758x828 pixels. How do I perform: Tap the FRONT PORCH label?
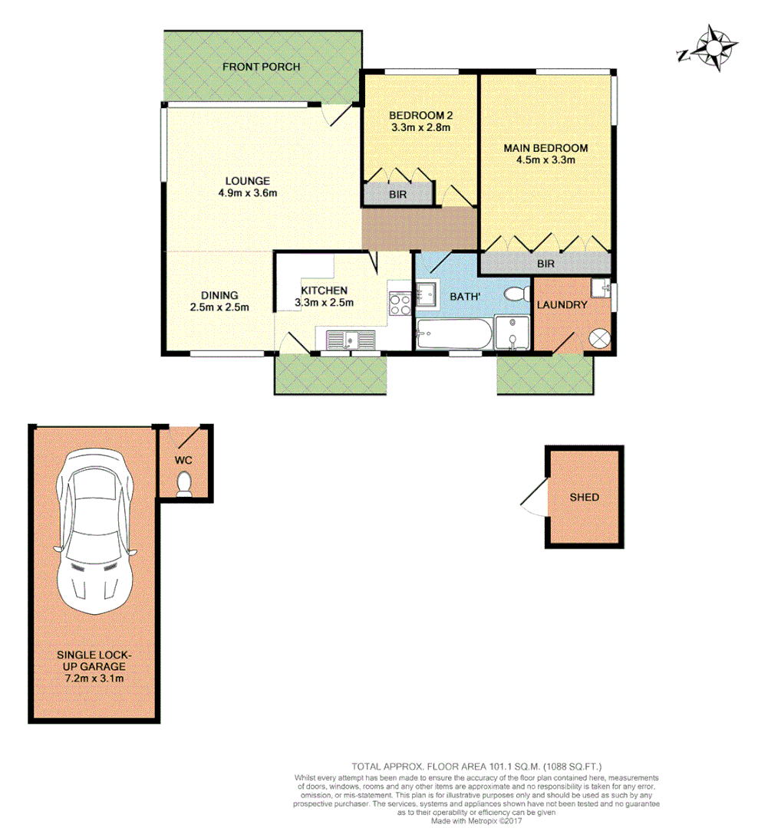(261, 67)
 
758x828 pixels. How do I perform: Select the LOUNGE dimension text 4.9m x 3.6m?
(247, 193)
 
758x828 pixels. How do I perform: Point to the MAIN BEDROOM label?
(545, 148)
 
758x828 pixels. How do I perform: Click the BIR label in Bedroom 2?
(397, 195)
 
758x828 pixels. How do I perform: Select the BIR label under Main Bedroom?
(545, 264)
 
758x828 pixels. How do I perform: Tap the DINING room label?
(219, 295)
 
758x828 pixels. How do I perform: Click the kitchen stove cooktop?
(400, 305)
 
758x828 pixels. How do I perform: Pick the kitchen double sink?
(350, 338)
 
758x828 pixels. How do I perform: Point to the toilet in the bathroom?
(516, 294)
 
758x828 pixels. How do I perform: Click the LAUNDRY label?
(562, 304)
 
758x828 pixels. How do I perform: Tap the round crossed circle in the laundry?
(599, 337)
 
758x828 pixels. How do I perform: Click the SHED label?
(584, 497)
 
